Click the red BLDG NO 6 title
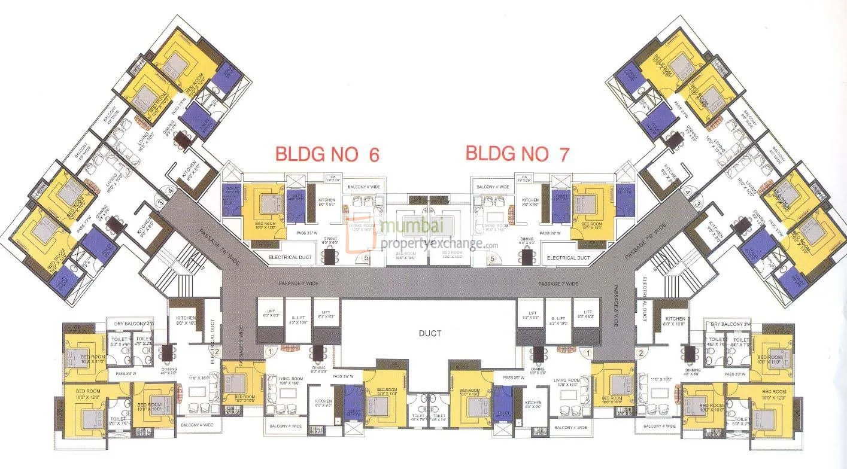click(x=327, y=154)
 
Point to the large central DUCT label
click(x=430, y=333)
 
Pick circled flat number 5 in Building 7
click(x=493, y=259)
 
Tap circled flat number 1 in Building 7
click(x=588, y=354)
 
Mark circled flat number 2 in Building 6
click(x=217, y=352)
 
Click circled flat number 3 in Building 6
click(x=160, y=203)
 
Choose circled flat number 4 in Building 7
click(x=688, y=193)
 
